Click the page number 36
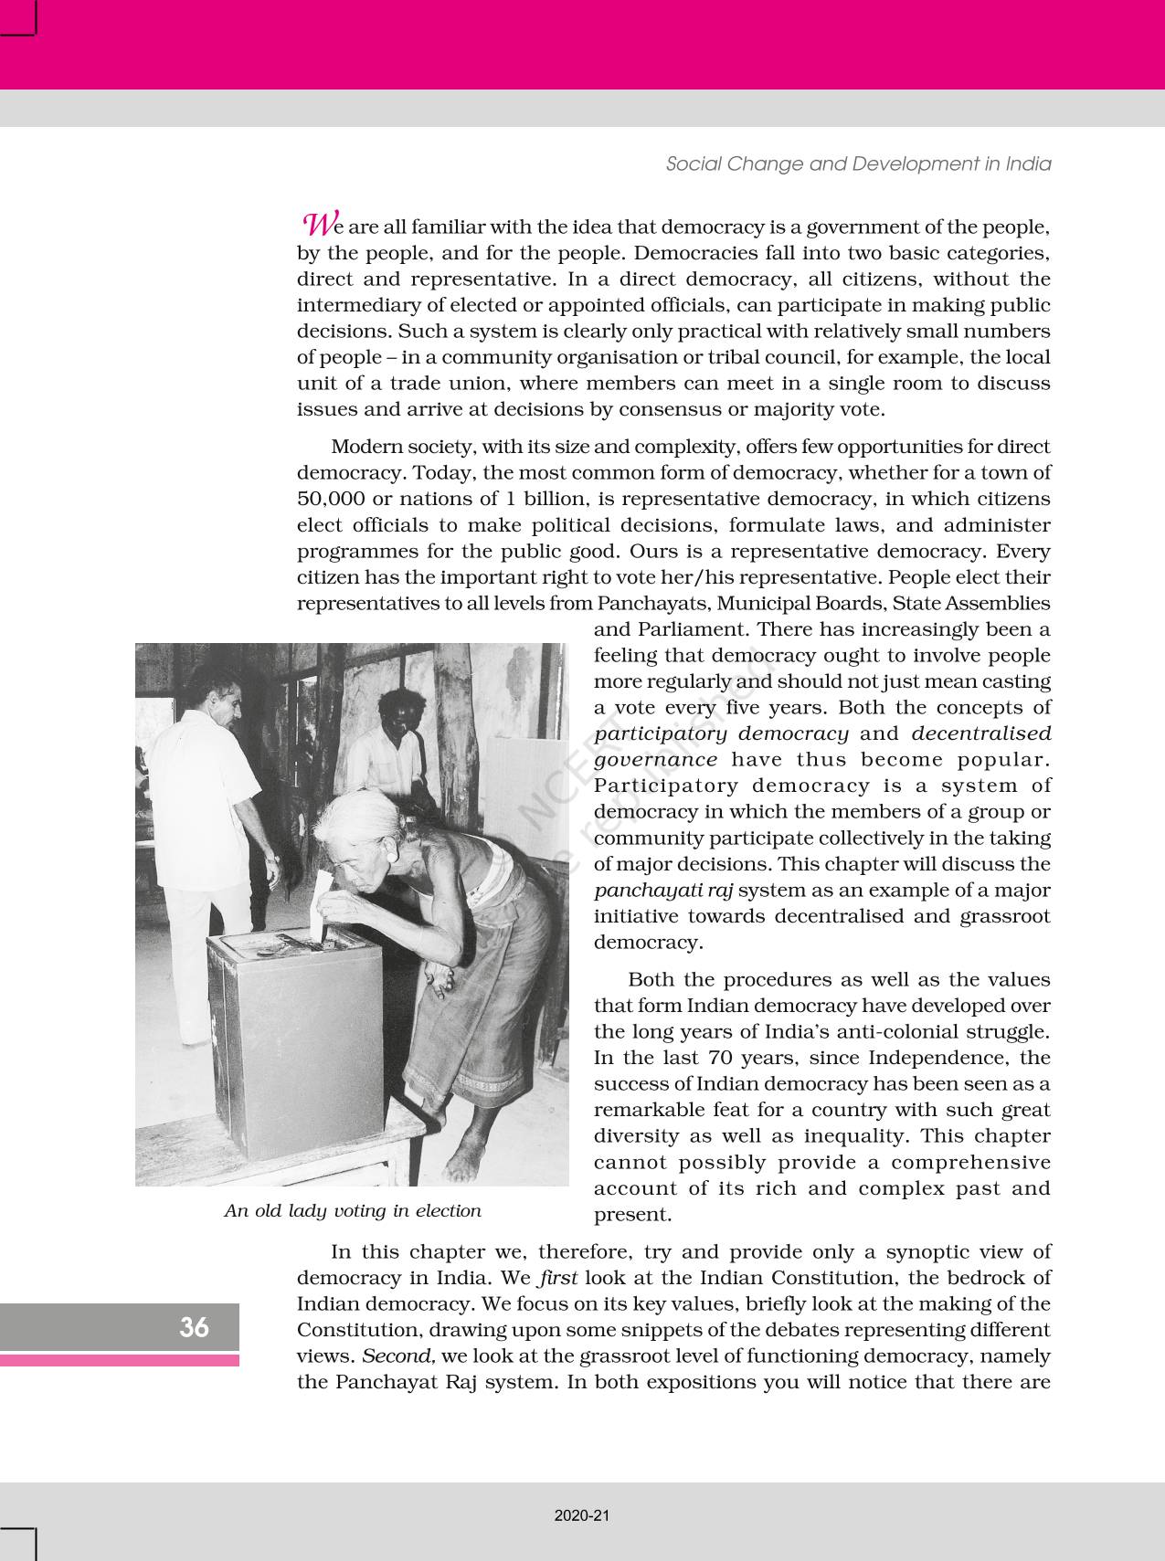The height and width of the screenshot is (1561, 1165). pyautogui.click(x=194, y=1327)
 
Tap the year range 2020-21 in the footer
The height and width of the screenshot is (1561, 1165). pyautogui.click(x=582, y=1516)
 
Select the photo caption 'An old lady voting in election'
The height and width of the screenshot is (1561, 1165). pyautogui.click(x=353, y=1211)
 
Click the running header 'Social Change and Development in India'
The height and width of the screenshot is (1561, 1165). pyautogui.click(x=858, y=164)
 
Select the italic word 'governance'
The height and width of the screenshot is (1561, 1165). pyautogui.click(x=655, y=760)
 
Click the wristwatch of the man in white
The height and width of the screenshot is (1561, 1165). pyautogui.click(x=271, y=858)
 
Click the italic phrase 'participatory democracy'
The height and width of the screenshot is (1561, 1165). pyautogui.click(x=722, y=733)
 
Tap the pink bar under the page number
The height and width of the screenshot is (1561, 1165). pyautogui.click(x=120, y=1360)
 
